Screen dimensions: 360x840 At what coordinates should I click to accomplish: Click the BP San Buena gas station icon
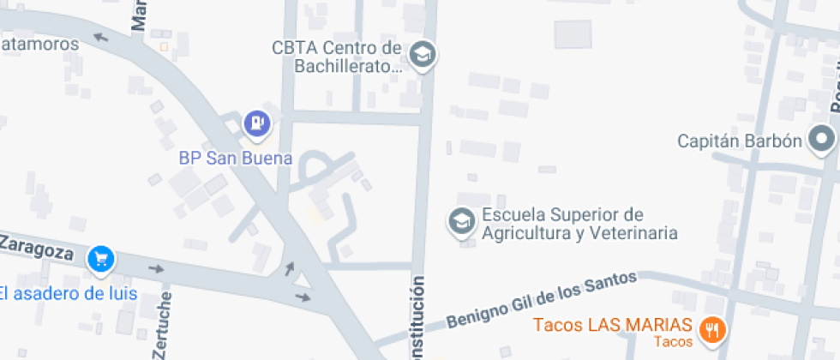pos(256,123)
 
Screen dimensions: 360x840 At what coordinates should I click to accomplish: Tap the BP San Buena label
pos(236,159)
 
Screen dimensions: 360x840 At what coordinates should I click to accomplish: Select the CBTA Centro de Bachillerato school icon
pos(422,56)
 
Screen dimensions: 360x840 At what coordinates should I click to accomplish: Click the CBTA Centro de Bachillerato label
pos(337,56)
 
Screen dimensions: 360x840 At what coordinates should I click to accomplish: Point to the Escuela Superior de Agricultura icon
pos(461,222)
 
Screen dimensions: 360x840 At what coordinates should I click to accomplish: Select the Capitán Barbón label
pos(739,141)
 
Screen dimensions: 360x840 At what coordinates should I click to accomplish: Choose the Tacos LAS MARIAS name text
pos(612,325)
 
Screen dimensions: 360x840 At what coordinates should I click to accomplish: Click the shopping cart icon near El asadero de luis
pos(102,257)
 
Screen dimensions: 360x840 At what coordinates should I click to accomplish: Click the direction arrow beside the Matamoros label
pos(100,37)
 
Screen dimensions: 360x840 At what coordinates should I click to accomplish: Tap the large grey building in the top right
pos(573,34)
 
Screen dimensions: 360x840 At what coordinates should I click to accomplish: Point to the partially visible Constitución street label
pos(418,317)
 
